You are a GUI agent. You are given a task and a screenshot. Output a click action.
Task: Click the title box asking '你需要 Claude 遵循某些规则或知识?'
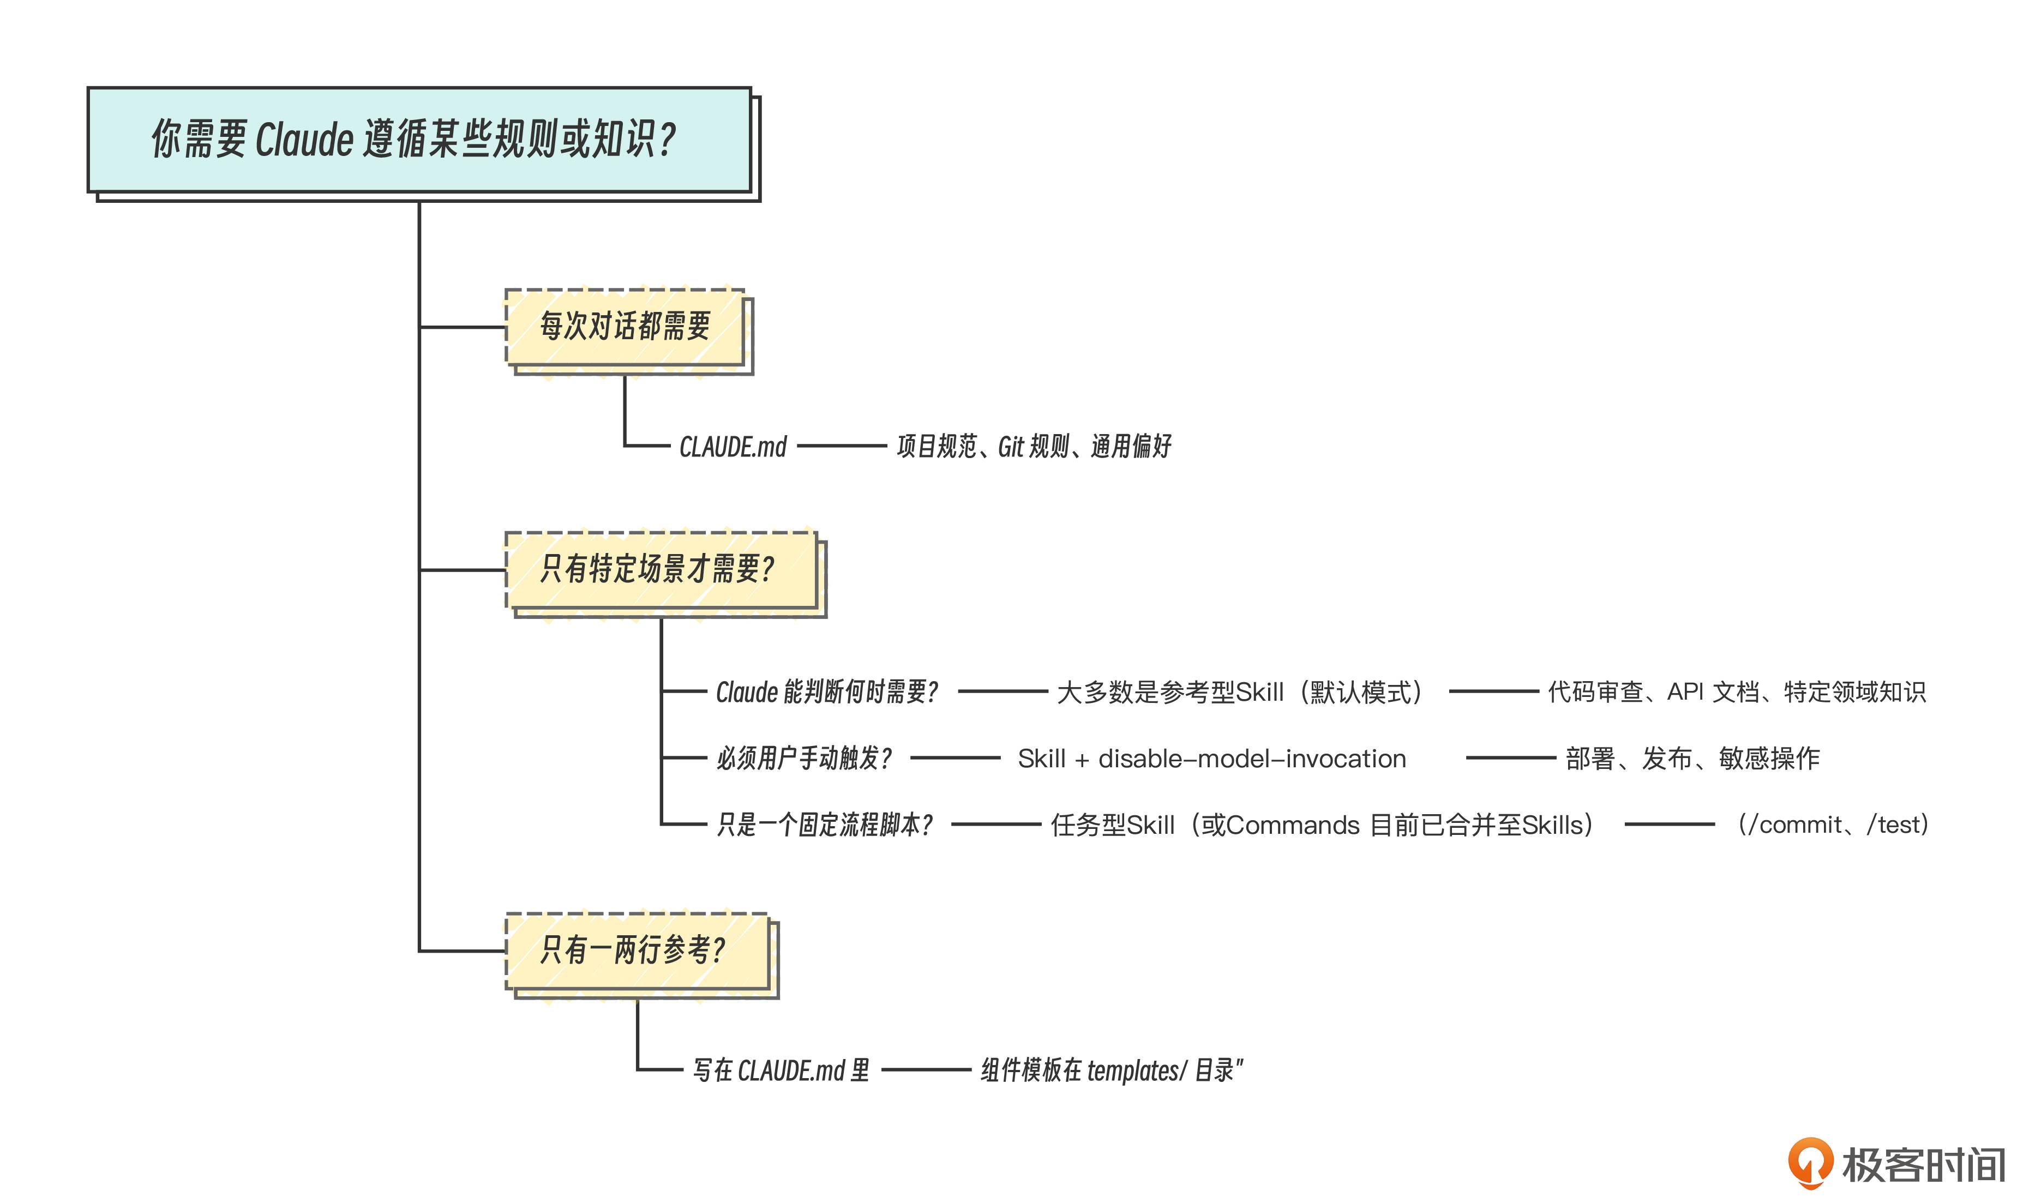[x=419, y=140]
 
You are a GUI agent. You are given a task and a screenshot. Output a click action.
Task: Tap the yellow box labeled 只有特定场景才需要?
[x=660, y=569]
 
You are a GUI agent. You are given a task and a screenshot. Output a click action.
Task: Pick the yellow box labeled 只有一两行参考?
[x=637, y=950]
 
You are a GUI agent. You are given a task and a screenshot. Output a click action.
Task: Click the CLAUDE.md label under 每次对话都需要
[x=733, y=447]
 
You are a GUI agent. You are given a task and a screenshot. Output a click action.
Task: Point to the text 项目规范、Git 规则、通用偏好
[x=1034, y=447]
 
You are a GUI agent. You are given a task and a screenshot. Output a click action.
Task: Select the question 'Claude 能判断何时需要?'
[x=827, y=692]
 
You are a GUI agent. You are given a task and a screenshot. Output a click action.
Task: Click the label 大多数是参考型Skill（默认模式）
[x=1240, y=692]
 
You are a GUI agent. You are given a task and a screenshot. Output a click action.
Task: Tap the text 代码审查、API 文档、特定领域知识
[x=1736, y=692]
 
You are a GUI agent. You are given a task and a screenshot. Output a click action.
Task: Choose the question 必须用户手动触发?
[x=804, y=759]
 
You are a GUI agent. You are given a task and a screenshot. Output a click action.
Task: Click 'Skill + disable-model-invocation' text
[x=1212, y=759]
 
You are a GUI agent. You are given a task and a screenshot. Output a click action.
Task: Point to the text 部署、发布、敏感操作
[x=1692, y=759]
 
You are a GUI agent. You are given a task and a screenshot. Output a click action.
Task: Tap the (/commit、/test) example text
[x=1832, y=825]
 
